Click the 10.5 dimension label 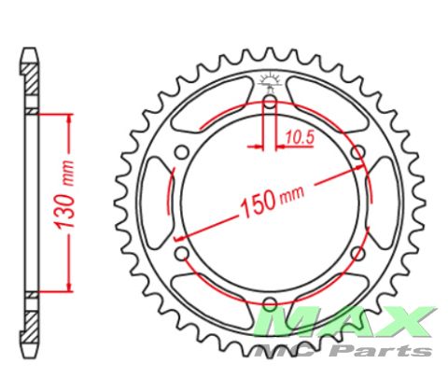click(300, 137)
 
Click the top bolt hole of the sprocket click(270, 102)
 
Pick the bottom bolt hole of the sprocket click(270, 303)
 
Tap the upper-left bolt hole click(182, 152)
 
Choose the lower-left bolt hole click(182, 253)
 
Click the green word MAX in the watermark click(344, 323)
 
